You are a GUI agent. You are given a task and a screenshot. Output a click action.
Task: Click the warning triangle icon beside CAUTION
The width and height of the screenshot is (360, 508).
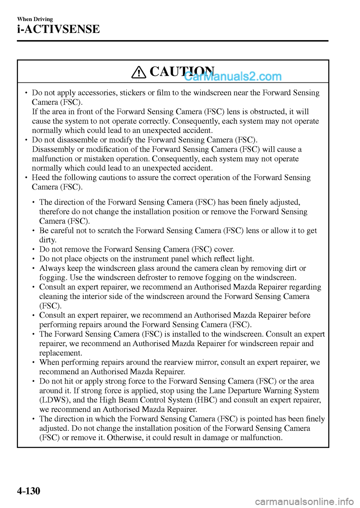139,72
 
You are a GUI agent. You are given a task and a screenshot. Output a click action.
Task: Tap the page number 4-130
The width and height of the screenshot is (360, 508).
28,490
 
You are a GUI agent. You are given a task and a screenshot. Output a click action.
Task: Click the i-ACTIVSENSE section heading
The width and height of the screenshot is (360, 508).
58,29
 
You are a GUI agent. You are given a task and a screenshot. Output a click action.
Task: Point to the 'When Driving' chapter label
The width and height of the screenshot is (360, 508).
35,19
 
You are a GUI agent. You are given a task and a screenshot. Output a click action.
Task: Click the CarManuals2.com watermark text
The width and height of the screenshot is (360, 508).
233,76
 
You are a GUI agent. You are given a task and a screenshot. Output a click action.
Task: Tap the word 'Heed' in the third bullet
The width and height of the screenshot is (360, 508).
40,178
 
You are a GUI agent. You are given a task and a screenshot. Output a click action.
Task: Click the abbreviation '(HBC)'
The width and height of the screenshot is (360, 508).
206,400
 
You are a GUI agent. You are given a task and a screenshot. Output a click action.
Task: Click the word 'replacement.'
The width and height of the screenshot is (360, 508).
60,353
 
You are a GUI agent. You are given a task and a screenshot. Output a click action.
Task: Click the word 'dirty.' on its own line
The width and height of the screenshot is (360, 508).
48,240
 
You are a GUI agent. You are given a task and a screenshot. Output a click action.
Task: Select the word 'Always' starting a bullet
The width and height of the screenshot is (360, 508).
52,268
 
